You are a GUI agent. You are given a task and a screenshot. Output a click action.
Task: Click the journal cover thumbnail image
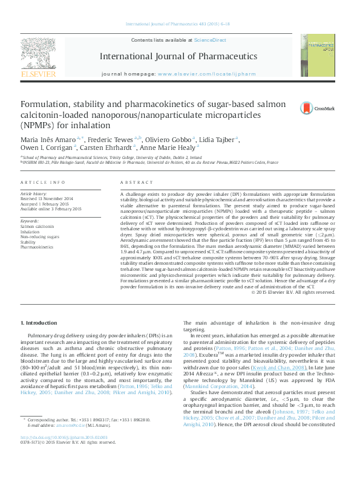click(321, 55)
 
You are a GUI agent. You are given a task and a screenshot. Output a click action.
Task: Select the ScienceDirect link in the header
click(209, 40)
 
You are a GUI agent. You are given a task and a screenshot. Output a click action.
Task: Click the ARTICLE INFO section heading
click(42, 182)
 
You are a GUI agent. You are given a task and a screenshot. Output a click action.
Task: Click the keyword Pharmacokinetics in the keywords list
click(38, 247)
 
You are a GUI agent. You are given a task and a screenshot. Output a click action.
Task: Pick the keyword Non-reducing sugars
click(40, 237)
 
